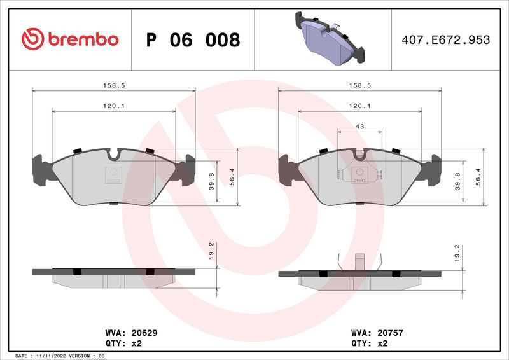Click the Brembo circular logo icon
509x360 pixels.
coord(32,39)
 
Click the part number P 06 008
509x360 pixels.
coord(193,40)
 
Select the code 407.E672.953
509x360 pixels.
coord(445,40)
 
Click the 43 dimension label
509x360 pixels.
coord(359,127)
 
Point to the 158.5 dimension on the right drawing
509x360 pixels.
coord(359,84)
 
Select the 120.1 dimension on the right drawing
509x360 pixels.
coord(359,106)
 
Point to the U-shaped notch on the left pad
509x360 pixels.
coord(114,154)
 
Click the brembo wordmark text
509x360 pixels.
coord(82,39)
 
